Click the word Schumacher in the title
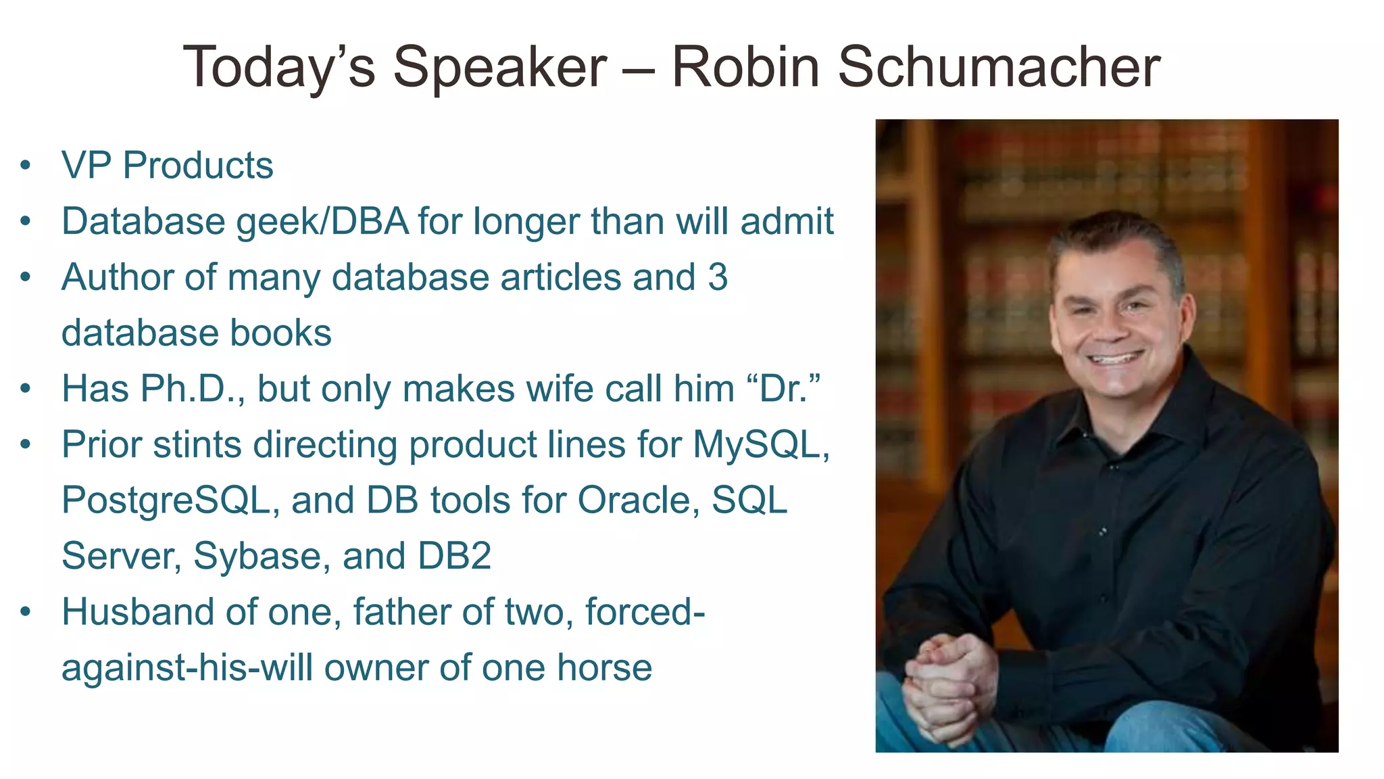point(999,67)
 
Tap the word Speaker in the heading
point(500,67)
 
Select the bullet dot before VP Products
point(26,165)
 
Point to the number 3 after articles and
point(718,277)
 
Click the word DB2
point(454,556)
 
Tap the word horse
point(604,668)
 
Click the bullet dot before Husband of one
point(26,612)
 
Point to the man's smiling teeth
point(1116,358)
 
